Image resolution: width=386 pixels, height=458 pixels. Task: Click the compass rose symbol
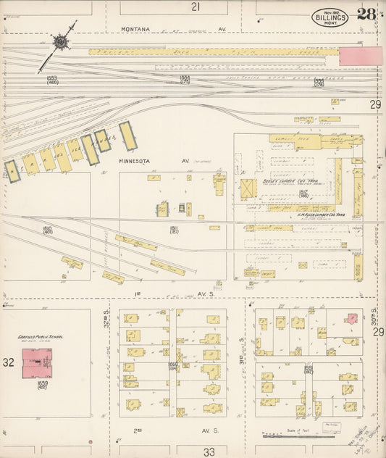pos(59,42)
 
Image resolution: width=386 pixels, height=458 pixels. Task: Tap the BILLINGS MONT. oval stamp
pos(330,16)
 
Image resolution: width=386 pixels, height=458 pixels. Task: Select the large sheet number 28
pos(366,14)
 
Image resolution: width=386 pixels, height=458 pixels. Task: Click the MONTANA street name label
pos(135,29)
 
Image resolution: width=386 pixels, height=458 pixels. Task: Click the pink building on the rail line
pos(360,56)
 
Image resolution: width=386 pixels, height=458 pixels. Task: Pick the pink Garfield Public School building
pos(36,362)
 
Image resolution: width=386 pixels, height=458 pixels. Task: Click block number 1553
pos(51,79)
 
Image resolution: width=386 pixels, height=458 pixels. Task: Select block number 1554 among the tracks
pos(185,79)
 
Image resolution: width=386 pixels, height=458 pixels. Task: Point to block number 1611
pos(175,230)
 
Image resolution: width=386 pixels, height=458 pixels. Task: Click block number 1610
pos(49,230)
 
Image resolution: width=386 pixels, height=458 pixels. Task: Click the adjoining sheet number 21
pos(196,7)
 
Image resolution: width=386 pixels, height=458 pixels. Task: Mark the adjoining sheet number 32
pos(8,362)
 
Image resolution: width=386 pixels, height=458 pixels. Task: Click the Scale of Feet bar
pos(298,437)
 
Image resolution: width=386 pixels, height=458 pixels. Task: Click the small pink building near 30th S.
pos(351,317)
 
